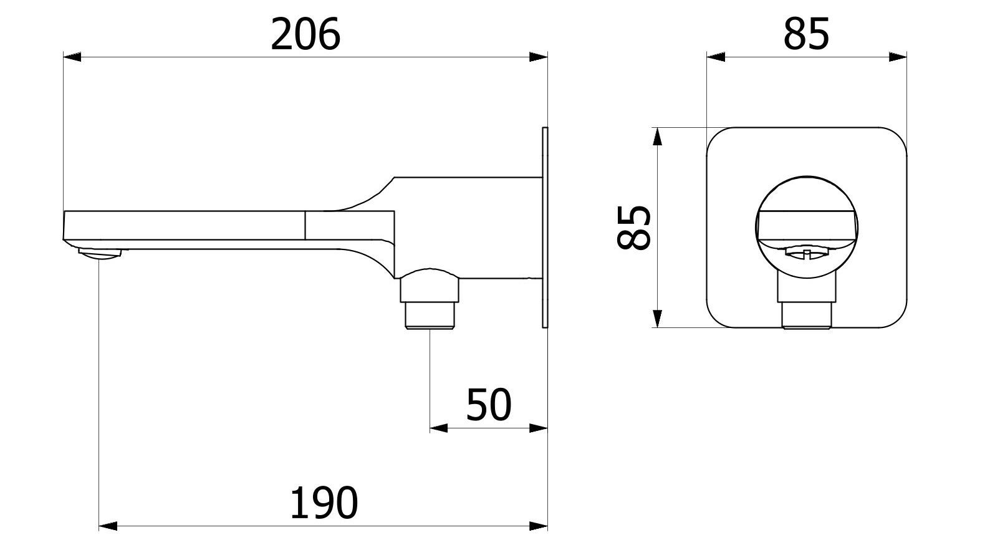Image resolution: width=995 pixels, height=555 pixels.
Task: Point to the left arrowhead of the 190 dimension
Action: (x=108, y=526)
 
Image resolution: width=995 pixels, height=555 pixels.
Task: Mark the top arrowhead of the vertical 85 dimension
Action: (x=656, y=137)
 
